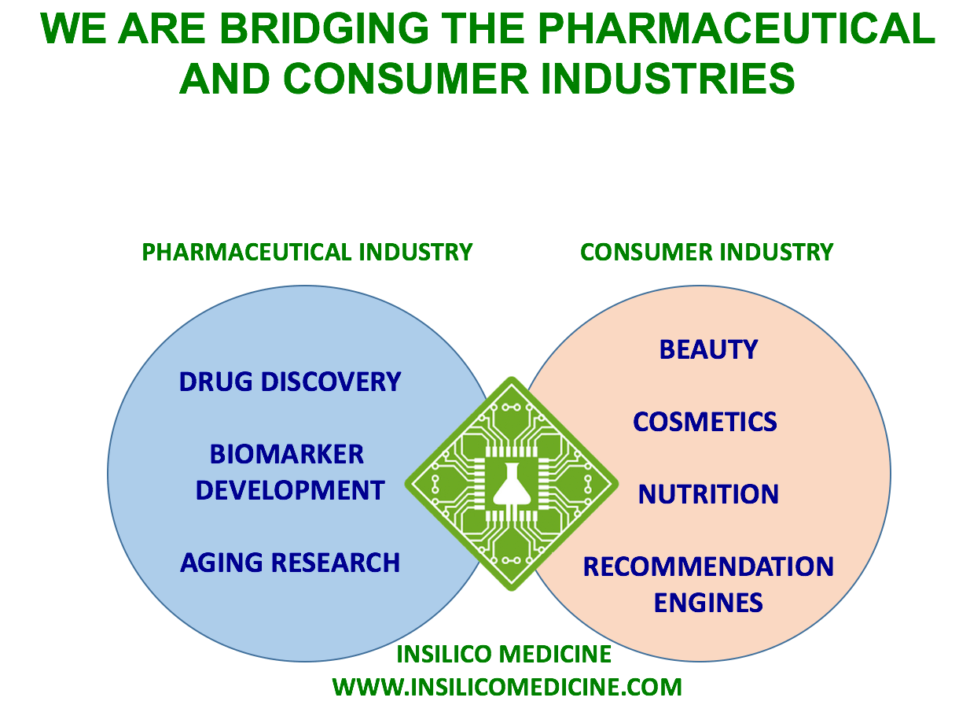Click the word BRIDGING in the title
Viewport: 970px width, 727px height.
[x=324, y=28]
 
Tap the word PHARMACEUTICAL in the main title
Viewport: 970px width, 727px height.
[x=736, y=28]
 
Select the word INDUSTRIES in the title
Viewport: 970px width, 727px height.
[x=667, y=79]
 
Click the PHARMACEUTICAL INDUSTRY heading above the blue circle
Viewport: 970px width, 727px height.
[x=307, y=252]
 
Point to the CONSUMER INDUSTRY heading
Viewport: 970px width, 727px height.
[x=706, y=252]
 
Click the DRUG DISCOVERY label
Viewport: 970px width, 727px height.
[x=290, y=382]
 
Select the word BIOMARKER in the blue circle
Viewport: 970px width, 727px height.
[x=286, y=454]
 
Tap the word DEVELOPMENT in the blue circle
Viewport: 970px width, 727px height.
[x=290, y=490]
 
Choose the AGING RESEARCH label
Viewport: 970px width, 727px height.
[x=290, y=563]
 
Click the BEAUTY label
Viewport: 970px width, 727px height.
[x=708, y=350]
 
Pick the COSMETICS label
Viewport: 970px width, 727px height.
[x=704, y=422]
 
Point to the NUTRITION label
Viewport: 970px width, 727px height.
[x=708, y=494]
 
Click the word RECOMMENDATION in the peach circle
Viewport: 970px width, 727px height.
[x=708, y=566]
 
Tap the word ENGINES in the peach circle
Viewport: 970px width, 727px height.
[x=708, y=603]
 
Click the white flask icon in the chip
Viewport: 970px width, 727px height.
[x=511, y=485]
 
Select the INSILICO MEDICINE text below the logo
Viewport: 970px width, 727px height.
[x=504, y=654]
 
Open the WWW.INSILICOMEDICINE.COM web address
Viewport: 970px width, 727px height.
[x=507, y=687]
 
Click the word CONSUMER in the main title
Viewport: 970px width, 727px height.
[x=406, y=79]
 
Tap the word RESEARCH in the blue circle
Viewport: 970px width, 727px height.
[x=335, y=563]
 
